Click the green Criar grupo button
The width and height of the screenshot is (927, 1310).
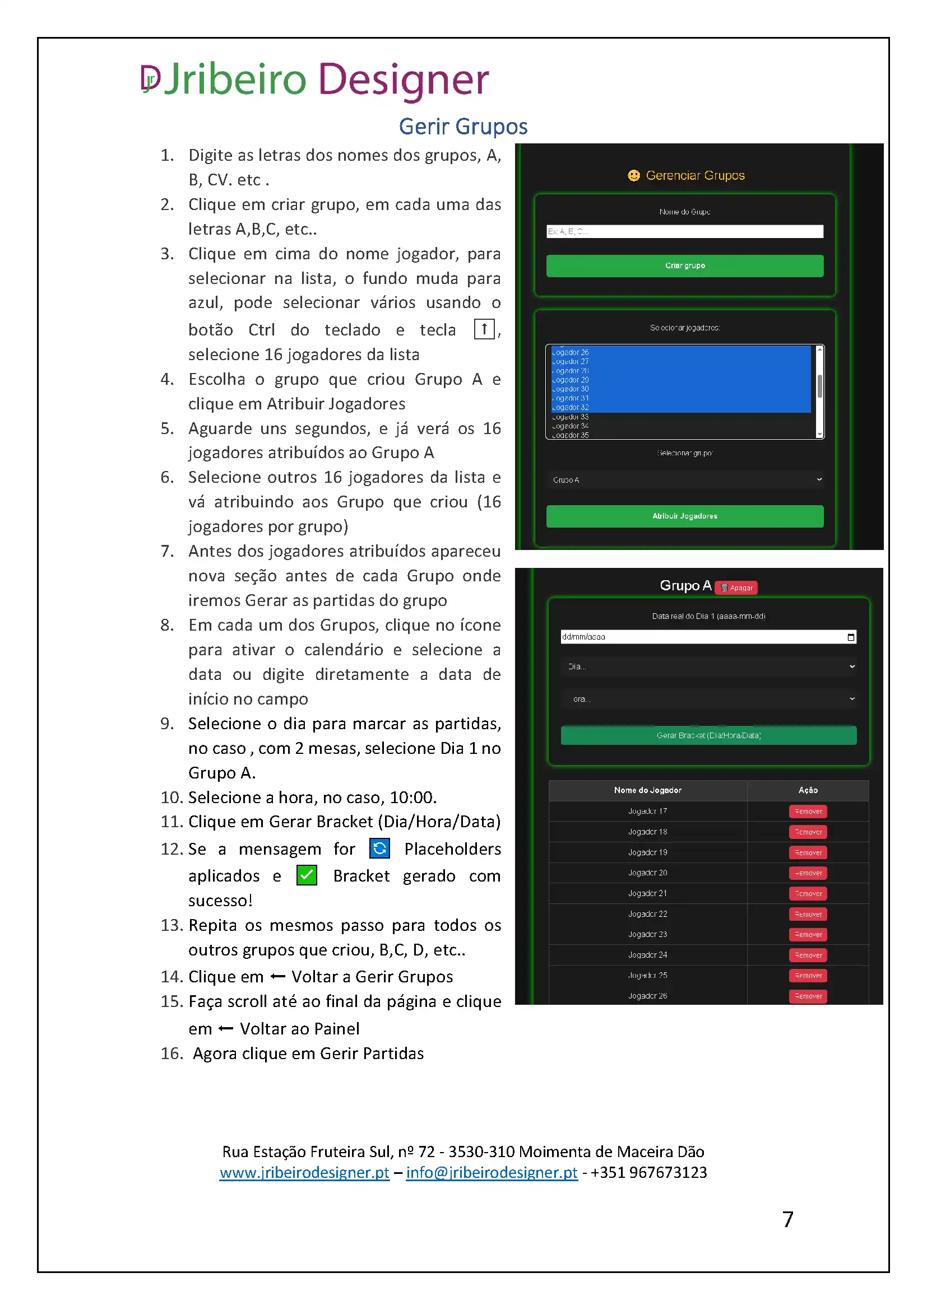(x=684, y=266)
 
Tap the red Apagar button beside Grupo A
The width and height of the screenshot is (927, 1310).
(x=736, y=588)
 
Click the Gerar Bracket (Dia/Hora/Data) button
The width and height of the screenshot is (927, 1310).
(x=708, y=735)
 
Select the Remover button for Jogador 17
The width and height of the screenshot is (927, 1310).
(x=808, y=812)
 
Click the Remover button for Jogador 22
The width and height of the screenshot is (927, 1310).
(x=808, y=914)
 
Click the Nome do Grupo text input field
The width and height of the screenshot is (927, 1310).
(x=684, y=231)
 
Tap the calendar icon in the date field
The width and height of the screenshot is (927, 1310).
(x=851, y=637)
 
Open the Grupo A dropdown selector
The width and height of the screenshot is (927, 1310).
(x=684, y=480)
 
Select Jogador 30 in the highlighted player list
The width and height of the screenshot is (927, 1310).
(x=571, y=389)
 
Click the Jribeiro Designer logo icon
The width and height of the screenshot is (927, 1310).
(x=150, y=79)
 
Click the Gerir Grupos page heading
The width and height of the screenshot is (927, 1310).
(x=463, y=126)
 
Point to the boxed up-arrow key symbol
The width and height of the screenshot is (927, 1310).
(x=484, y=329)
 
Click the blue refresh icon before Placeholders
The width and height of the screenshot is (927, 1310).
(x=379, y=849)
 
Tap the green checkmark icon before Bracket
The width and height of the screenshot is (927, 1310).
(x=307, y=875)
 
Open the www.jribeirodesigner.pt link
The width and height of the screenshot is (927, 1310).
(x=304, y=1172)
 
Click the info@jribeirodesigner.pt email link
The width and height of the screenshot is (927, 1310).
(x=492, y=1172)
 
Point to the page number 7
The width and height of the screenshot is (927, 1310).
(x=787, y=1219)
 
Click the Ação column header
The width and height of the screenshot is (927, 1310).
(x=808, y=790)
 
